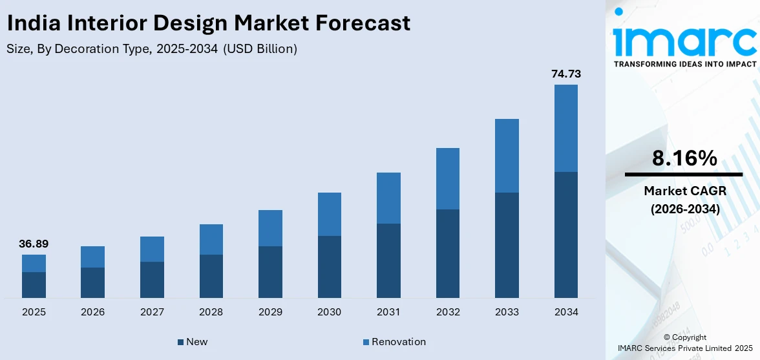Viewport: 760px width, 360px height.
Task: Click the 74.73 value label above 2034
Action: pos(565,74)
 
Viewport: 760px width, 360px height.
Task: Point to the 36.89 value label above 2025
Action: pos(34,244)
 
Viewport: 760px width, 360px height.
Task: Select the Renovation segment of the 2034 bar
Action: pos(565,128)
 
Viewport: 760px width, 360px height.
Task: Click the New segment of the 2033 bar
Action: pos(507,245)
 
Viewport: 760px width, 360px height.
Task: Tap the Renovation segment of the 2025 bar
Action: pos(34,263)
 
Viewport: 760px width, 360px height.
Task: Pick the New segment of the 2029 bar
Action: pos(270,271)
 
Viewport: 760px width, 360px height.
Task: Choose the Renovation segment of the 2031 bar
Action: pos(388,198)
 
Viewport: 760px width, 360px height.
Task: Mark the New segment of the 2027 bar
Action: pos(152,279)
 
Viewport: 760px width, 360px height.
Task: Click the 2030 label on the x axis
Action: pos(329,312)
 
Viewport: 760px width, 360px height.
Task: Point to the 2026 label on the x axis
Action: pos(92,312)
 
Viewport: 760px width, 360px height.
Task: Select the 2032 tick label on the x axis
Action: pos(447,312)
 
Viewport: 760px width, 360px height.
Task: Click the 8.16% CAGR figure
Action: pos(684,158)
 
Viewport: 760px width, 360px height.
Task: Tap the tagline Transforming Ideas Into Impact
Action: pos(684,64)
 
